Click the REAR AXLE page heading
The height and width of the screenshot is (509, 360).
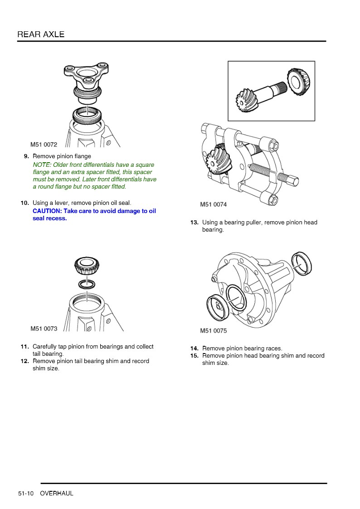click(41, 34)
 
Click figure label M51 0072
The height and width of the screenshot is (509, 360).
click(44, 145)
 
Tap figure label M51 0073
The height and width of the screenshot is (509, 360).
click(44, 329)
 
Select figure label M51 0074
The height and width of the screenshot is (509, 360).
click(213, 204)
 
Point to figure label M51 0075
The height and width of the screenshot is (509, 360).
click(213, 331)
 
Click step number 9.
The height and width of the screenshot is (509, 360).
click(26, 156)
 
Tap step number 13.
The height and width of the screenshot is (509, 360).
click(194, 223)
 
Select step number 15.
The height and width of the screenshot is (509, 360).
click(194, 356)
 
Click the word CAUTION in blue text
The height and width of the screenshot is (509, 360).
click(46, 211)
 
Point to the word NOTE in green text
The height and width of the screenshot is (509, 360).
click(42, 165)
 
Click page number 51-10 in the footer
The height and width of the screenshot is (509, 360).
click(26, 493)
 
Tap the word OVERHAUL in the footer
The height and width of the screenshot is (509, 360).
click(57, 493)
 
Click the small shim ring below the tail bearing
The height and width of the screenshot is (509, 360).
click(87, 285)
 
